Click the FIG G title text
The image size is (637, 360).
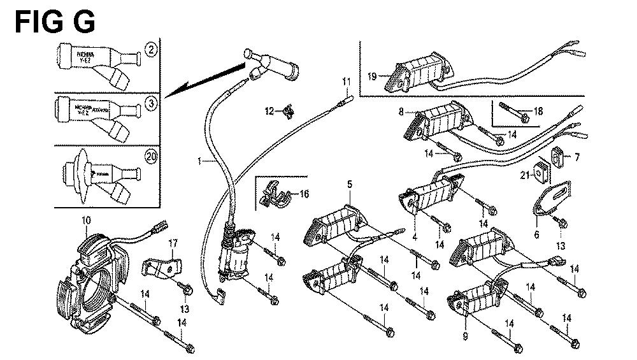point(55,22)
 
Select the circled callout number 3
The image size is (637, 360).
point(151,103)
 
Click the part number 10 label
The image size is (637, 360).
point(87,220)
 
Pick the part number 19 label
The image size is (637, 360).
point(372,77)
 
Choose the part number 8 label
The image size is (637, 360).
point(401,112)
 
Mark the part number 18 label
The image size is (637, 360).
point(539,111)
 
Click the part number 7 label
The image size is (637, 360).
point(577,157)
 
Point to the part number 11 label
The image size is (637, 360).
point(346,81)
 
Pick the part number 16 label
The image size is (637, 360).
point(304,193)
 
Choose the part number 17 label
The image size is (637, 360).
point(171,243)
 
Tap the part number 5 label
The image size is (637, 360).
point(350,184)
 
